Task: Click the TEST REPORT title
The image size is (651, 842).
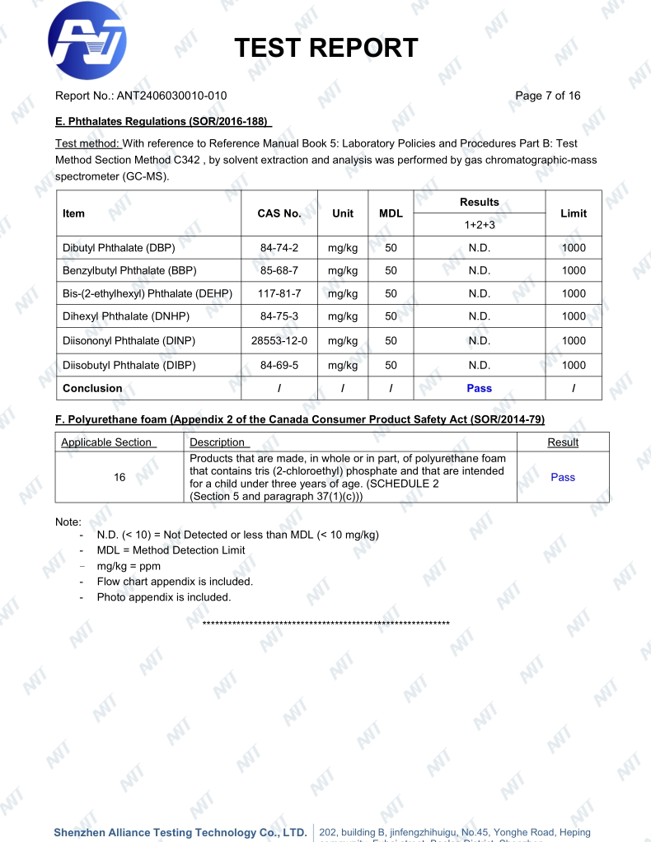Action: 325,49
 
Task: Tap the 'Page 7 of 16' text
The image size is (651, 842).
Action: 547,96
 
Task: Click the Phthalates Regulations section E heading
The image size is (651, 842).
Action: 163,122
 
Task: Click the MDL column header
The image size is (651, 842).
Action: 391,213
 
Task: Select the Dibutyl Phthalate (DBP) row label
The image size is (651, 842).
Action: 119,247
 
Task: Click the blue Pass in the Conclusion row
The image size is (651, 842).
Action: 479,388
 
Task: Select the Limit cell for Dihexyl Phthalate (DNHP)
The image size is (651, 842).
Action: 573,317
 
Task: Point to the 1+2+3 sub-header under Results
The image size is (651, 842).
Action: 479,224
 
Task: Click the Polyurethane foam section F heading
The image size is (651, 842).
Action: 299,420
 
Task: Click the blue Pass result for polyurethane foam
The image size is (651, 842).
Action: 563,477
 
